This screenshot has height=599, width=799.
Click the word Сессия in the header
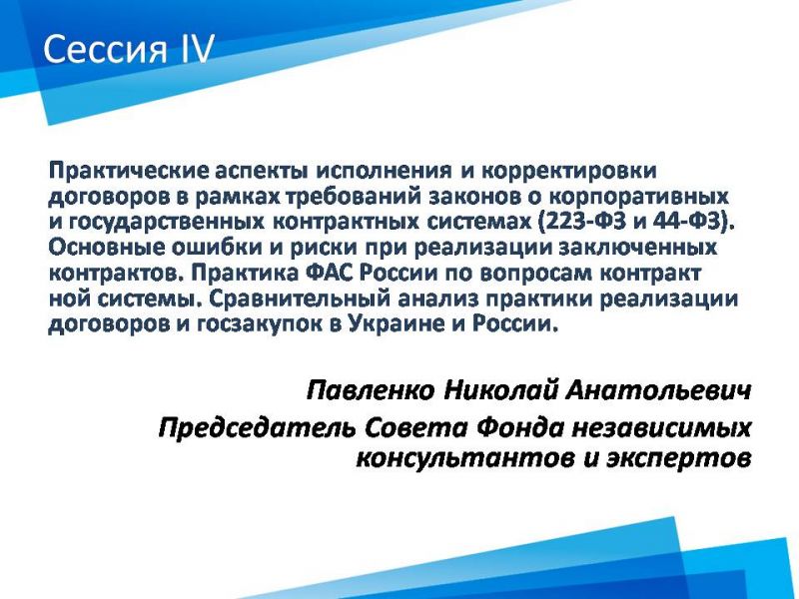point(106,49)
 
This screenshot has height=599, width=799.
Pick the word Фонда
point(520,428)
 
